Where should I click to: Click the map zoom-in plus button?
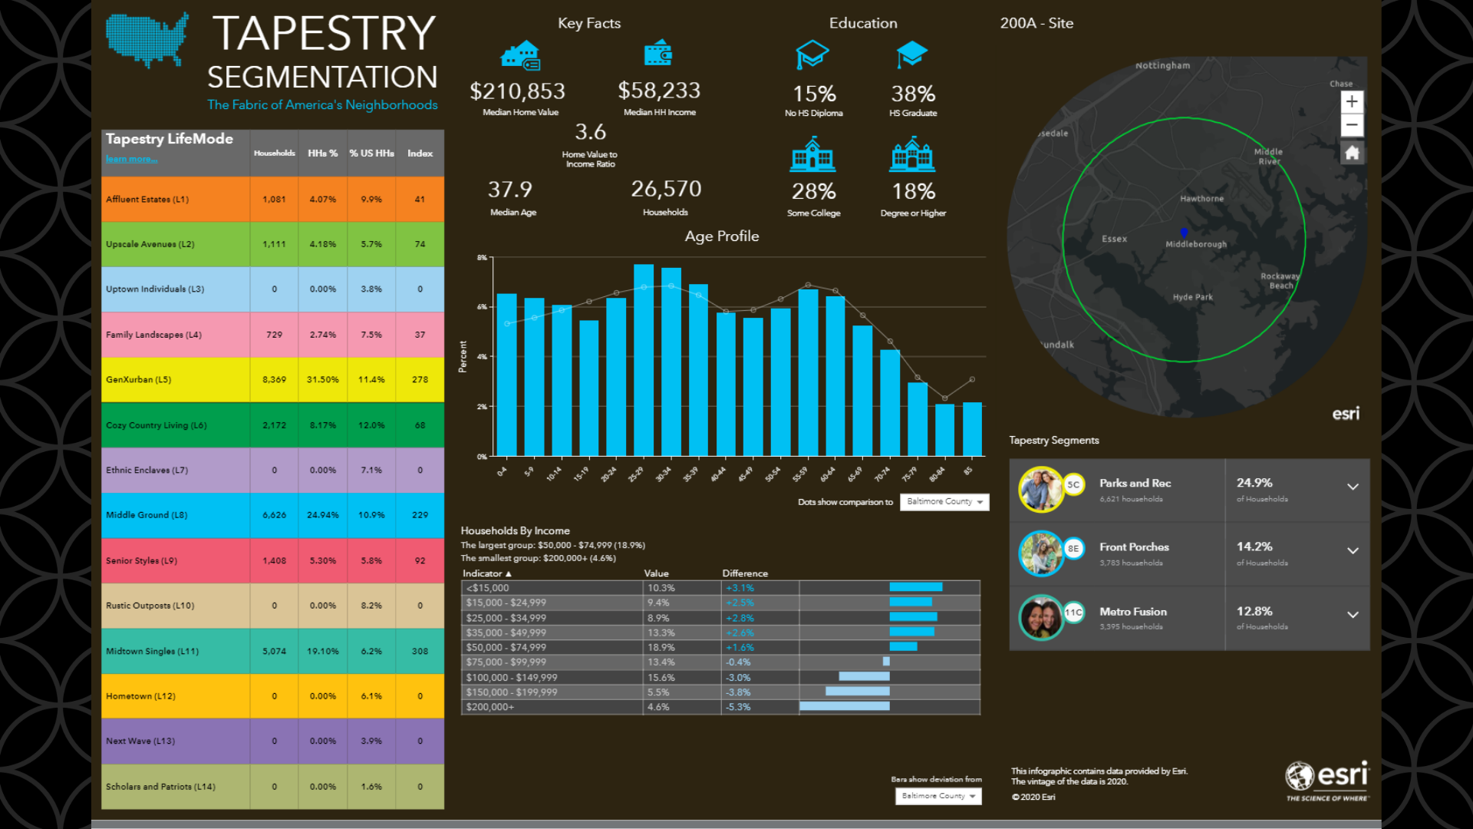(x=1352, y=101)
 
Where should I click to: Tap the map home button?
(x=1352, y=153)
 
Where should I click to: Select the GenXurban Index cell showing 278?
(x=420, y=380)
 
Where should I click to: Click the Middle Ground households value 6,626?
(x=274, y=515)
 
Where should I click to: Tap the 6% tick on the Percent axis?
(x=483, y=307)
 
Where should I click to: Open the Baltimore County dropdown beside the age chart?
(x=944, y=502)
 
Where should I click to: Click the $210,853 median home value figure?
(x=517, y=92)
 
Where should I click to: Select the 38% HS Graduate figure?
(x=913, y=94)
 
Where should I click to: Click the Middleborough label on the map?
(x=1195, y=245)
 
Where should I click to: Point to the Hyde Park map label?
(x=1192, y=298)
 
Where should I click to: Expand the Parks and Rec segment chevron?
(x=1353, y=487)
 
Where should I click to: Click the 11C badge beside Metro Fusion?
(x=1073, y=613)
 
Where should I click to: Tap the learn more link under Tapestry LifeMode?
(x=131, y=160)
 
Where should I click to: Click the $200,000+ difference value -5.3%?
(x=738, y=708)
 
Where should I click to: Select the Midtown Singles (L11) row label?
(x=152, y=652)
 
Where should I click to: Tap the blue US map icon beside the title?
(x=147, y=38)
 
